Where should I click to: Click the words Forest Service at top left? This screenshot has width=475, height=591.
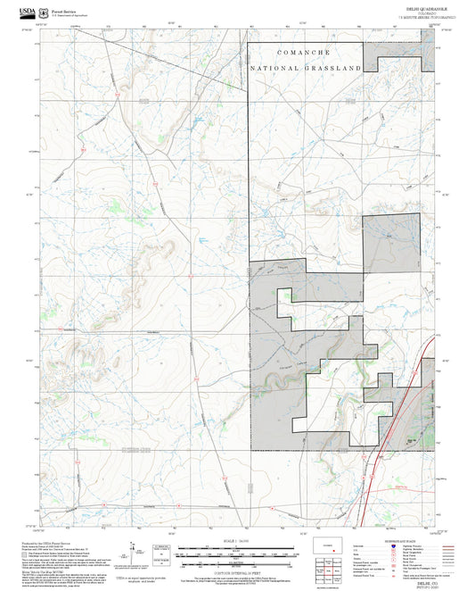coord(62,8)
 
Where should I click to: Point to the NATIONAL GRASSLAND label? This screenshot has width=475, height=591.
coord(306,68)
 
